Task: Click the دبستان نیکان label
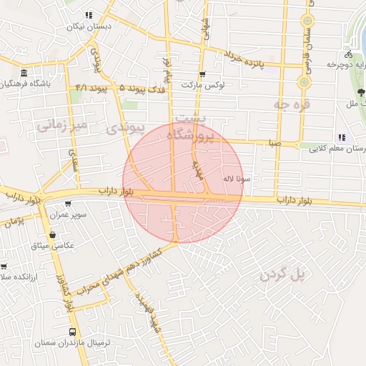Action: tap(90, 26)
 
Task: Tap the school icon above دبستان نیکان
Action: tap(89, 14)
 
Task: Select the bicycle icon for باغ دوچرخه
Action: tap(348, 54)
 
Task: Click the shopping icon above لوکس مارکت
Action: tap(202, 74)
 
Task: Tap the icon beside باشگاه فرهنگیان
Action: tap(24, 73)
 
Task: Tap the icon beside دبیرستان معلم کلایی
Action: tap(342, 137)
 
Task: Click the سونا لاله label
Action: tap(237, 179)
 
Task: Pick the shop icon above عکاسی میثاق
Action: tap(51, 234)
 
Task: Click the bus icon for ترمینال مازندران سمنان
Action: tap(72, 332)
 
